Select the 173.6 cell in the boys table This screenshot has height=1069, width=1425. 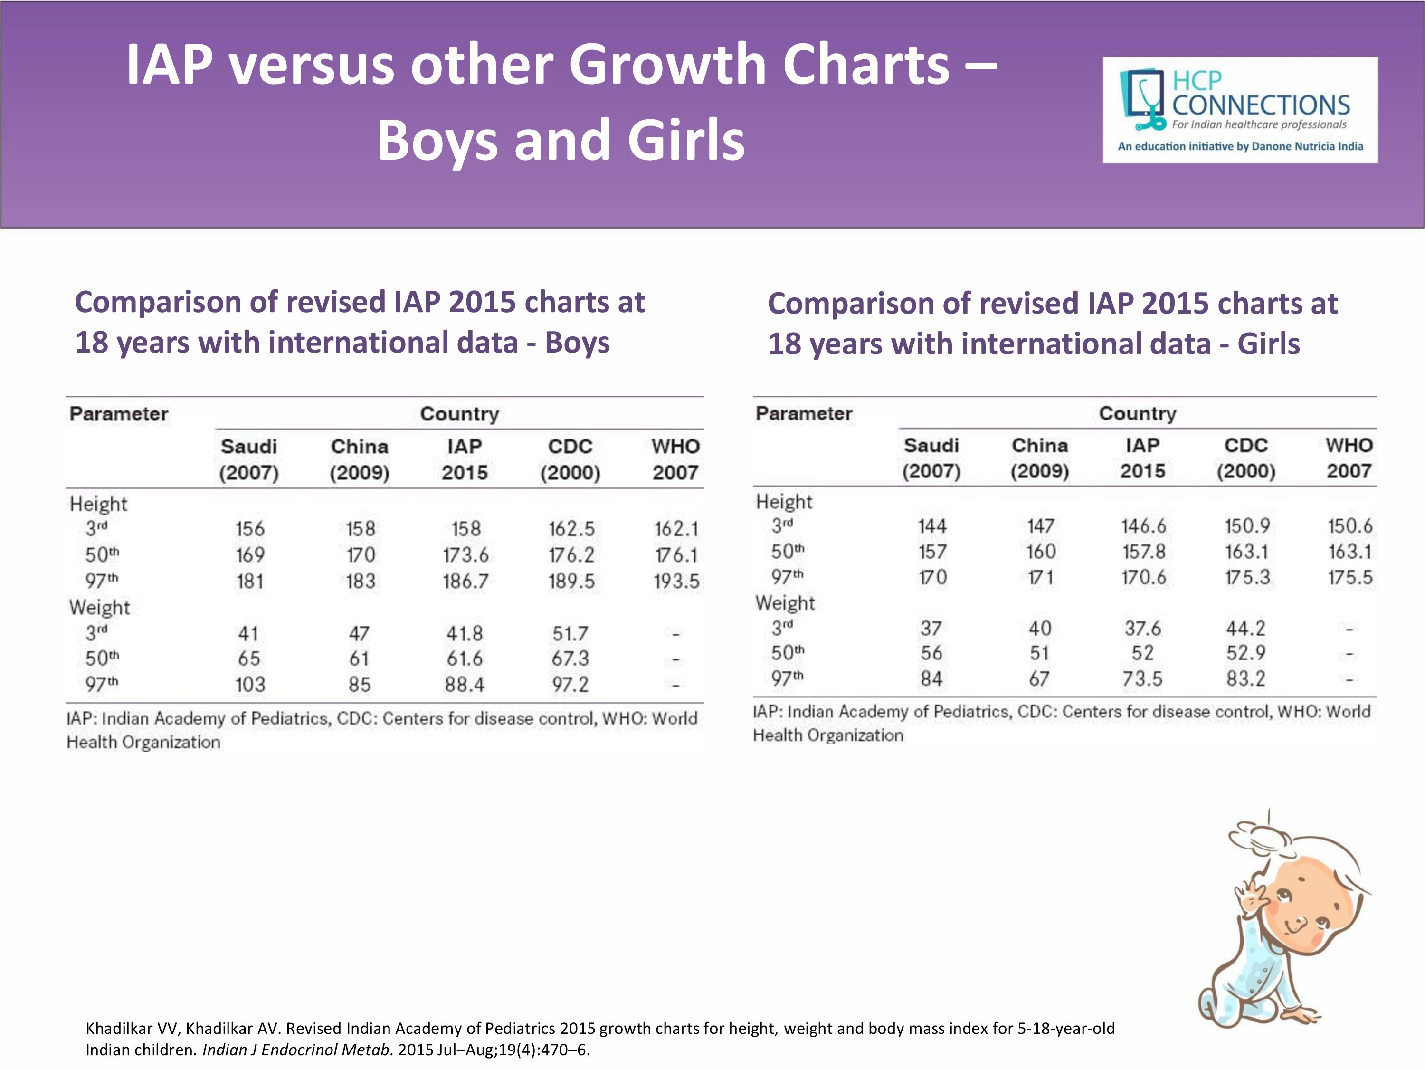[465, 555]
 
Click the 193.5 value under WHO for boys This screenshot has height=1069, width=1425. [676, 581]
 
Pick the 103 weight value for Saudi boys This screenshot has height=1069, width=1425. [249, 684]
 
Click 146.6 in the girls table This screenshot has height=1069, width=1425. [1143, 526]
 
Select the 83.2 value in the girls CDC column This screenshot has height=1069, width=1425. [1245, 678]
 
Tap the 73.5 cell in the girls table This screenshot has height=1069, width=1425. [1142, 678]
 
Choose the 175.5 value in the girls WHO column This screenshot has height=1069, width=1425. [1349, 577]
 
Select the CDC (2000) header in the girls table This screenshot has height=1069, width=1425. [1245, 458]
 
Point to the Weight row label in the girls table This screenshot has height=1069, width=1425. [785, 603]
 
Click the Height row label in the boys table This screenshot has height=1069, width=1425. [99, 504]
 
